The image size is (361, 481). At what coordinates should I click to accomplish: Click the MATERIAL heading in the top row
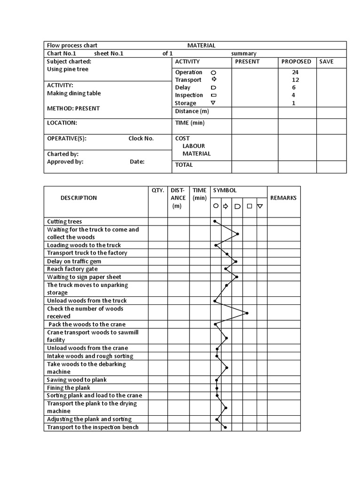pos(201,46)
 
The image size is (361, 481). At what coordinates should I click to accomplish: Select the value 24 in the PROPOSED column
pos(295,72)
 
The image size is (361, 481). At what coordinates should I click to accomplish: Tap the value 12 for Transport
pos(295,80)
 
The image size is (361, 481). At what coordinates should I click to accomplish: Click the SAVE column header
pos(326,62)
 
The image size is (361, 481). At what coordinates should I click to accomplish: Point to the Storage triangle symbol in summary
pos(213,103)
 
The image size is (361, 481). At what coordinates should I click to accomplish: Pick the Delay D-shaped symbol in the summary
pos(213,88)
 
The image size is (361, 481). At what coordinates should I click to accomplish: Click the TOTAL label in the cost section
pos(184,165)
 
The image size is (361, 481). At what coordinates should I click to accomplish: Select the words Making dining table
pos(74,93)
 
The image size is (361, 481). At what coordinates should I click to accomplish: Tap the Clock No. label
pos(141,139)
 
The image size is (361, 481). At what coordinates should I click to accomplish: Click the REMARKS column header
pos(283,198)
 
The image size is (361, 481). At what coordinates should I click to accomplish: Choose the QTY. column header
pos(158,190)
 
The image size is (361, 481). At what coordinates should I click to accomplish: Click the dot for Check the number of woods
pos(247,313)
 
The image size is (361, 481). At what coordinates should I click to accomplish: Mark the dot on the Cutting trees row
pos(215,221)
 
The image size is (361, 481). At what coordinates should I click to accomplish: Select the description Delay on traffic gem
pos(74,261)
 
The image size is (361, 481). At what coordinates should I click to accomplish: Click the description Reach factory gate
pos(72,269)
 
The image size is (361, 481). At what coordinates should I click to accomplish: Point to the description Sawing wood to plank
pos(77,380)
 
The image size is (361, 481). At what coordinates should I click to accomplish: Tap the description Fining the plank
pos(69,388)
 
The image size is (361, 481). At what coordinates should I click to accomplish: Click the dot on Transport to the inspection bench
pos(226,427)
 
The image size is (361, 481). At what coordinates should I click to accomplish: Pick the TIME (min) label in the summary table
pos(190,123)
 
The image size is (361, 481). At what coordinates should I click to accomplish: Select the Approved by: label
pos(65,162)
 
